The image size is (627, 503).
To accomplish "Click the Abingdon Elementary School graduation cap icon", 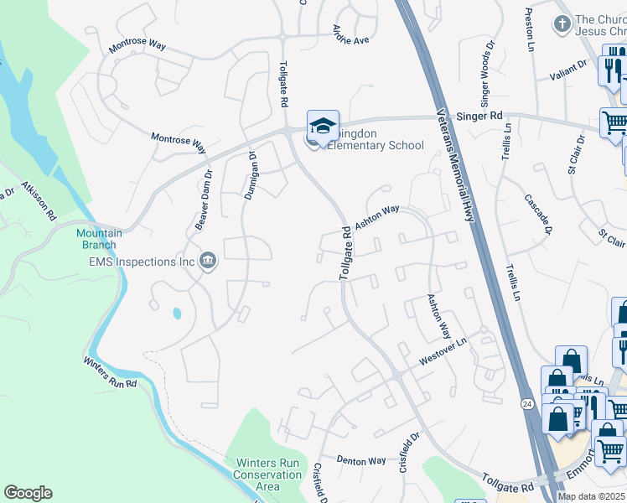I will pos(323,126).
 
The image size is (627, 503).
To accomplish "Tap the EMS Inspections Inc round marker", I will pos(209,262).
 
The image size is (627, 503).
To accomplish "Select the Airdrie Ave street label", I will pos(350,34).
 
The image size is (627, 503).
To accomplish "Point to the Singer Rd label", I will pos(479,117).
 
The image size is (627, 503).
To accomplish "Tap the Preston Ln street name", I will pos(529,29).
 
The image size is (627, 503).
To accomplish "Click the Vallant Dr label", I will pos(569,70).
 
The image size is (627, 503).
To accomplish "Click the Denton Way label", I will pos(361,460).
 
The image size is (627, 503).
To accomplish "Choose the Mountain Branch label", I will pos(100,239).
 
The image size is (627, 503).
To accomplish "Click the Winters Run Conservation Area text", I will pos(268,474).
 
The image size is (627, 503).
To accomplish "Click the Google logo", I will pos(28,493).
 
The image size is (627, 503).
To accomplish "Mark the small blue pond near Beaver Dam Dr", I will pos(176,314).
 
